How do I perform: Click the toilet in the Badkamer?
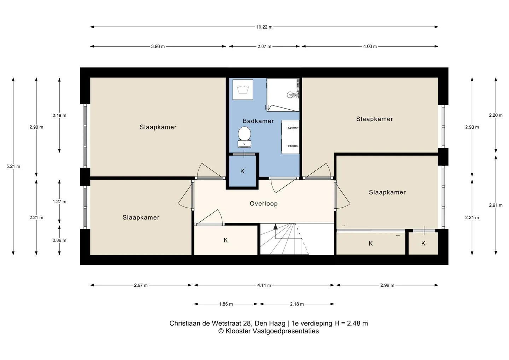[x=244, y=137]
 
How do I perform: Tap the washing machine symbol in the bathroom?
[x=243, y=89]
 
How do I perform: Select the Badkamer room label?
[x=258, y=121]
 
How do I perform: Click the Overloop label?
[x=264, y=203]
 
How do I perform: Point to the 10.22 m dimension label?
[x=264, y=27]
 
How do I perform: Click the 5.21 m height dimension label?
[x=13, y=166]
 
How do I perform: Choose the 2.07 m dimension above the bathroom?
[x=264, y=47]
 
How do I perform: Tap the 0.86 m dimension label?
[x=59, y=240]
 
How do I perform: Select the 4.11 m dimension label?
[x=264, y=285]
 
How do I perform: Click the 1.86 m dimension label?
[x=226, y=304]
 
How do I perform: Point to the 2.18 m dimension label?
[x=297, y=304]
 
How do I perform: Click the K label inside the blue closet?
[x=242, y=171]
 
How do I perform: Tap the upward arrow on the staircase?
[x=276, y=227]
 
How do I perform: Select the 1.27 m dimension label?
[x=59, y=202]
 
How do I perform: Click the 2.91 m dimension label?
[x=496, y=205]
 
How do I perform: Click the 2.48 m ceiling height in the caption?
[x=357, y=323]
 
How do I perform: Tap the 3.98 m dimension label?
[x=158, y=47]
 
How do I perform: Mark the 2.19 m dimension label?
[x=59, y=115]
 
